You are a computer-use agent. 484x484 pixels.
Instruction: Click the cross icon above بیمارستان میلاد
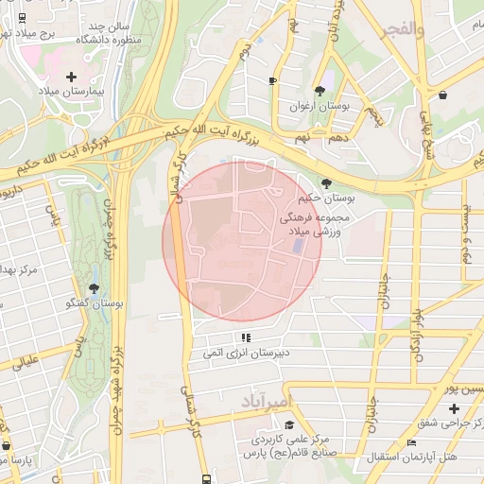click(x=71, y=76)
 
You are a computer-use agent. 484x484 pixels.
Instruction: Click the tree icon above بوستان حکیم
click(x=326, y=183)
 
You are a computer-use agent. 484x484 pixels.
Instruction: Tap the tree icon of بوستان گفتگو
click(x=94, y=287)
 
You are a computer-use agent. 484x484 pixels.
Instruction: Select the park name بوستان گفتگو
click(x=95, y=303)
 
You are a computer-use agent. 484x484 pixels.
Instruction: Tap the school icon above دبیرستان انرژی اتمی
click(x=247, y=337)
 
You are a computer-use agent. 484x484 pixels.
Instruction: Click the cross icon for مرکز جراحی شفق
click(x=455, y=407)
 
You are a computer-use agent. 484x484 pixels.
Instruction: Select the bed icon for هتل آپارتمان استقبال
click(x=410, y=442)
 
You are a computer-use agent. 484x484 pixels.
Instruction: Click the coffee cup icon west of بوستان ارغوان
click(x=272, y=81)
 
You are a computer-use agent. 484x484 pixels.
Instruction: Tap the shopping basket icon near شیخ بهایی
click(x=443, y=95)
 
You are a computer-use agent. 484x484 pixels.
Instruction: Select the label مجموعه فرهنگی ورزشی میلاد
click(x=316, y=224)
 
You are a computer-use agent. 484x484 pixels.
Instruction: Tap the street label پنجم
click(x=375, y=116)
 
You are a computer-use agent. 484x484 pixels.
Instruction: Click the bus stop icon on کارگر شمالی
click(x=207, y=479)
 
